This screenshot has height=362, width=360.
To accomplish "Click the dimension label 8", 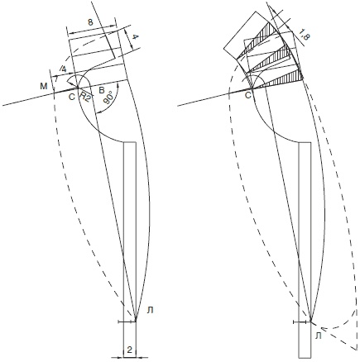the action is [90, 22].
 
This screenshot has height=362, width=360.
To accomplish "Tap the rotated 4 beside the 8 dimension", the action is [135, 37].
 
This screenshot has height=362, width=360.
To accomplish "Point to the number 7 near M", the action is [56, 79].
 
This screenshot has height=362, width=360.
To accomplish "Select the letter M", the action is [44, 86].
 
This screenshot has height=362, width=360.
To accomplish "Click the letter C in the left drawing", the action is [71, 97].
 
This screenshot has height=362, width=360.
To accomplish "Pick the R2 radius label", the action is [84, 98].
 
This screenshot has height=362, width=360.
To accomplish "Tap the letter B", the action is [102, 90].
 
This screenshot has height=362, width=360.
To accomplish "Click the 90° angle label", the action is [108, 98].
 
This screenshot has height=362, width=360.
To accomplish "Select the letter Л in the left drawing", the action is [150, 311].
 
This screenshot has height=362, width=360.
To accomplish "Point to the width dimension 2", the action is [129, 350].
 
